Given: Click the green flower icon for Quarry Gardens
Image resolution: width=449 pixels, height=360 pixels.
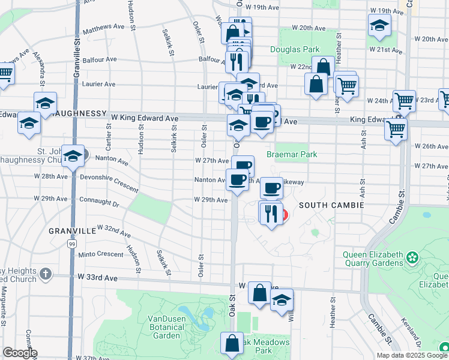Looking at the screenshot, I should point(412,258).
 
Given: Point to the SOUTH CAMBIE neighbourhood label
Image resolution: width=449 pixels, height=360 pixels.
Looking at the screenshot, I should point(334,205).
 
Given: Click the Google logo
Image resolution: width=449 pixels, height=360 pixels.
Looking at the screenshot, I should point(19,353).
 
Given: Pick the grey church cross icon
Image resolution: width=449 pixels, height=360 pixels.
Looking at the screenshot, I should point(46,274).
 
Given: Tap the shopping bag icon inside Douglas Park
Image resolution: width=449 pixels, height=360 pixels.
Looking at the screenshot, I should point(323,67).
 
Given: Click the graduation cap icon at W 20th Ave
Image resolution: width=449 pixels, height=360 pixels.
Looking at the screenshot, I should point(379,26).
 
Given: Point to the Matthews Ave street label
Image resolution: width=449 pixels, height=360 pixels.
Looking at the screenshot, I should point(103,27).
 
